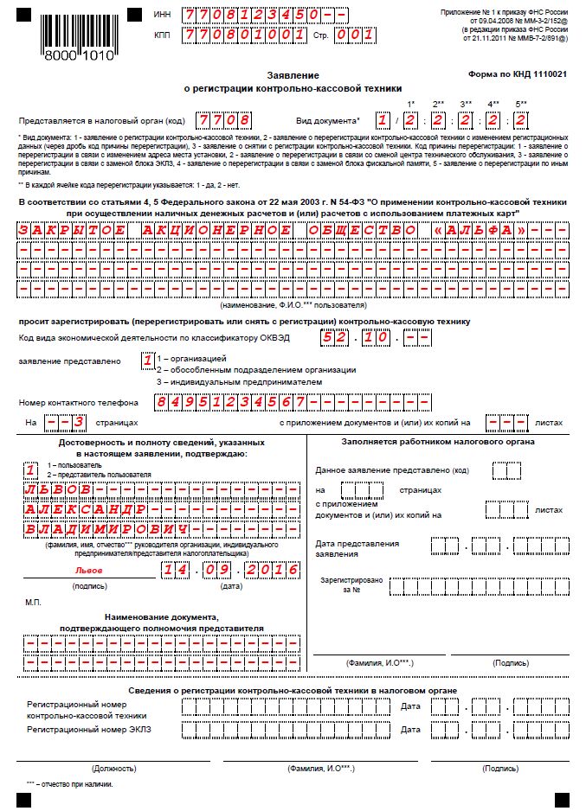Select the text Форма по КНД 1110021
pyautogui.click(x=518, y=75)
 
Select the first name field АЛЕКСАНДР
pyautogui.click(x=89, y=508)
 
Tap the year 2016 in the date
pyautogui.click(x=271, y=571)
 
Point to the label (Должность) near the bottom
pyautogui.click(x=109, y=768)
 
